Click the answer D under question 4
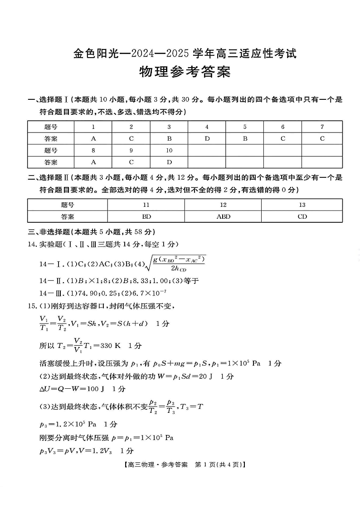[207, 138]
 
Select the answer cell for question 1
[93, 138]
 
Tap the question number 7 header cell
[322, 127]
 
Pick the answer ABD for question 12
[223, 216]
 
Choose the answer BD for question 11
[146, 216]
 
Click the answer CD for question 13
[302, 216]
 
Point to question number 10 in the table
[169, 150]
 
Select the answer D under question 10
[169, 162]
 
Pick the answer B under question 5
[245, 138]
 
